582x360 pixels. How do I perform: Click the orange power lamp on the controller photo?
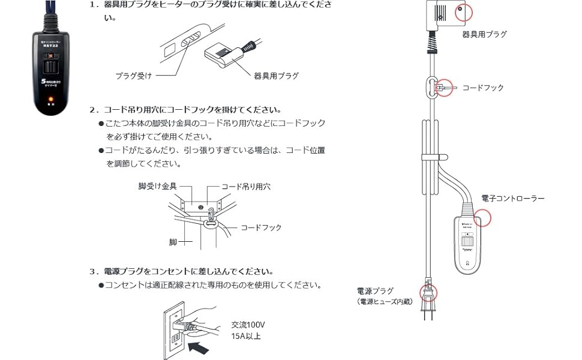[52, 97]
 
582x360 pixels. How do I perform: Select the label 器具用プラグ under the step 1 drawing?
[276, 76]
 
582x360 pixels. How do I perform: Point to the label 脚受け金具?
[157, 187]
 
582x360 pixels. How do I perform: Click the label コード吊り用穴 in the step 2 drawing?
[246, 187]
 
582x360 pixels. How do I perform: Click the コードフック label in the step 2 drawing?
[261, 227]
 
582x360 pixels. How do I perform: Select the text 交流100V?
[248, 325]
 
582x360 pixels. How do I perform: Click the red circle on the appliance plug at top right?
[463, 11]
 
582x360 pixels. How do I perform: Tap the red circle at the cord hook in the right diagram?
[443, 88]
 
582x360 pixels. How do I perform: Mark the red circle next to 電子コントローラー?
[482, 216]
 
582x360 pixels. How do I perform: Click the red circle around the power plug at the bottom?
[428, 293]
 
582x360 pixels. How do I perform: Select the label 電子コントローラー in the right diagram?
[513, 198]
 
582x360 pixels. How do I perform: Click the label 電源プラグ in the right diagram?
[374, 291]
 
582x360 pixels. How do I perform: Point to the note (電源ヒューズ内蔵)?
[385, 301]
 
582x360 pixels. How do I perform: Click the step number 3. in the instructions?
[93, 271]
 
